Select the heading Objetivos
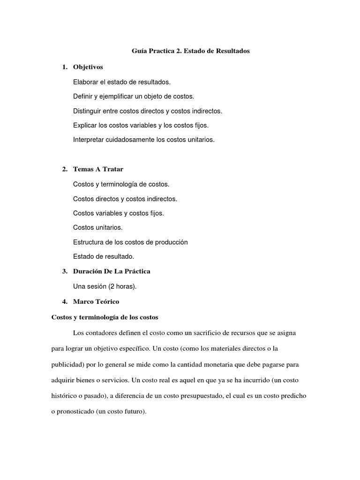pos(88,67)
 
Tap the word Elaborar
pos(86,82)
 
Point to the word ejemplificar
pos(124,97)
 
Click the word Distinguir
pos(88,111)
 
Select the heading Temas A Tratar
pos(98,169)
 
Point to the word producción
pos(172,242)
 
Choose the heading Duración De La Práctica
pos(112,271)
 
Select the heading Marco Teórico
pos(96,301)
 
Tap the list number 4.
pos(64,301)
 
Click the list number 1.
pos(64,67)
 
